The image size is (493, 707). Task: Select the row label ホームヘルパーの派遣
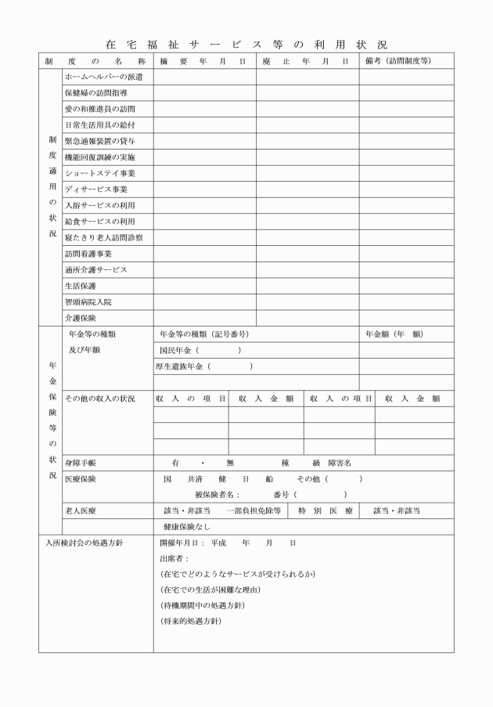pyautogui.click(x=98, y=77)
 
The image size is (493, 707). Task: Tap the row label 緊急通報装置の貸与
pyautogui.click(x=99, y=141)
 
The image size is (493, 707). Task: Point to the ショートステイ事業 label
pyautogui.click(x=99, y=173)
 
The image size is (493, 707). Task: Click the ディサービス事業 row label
pyautogui.click(x=95, y=189)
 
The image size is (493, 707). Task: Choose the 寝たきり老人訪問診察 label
pyautogui.click(x=103, y=237)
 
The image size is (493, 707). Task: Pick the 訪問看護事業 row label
pyautogui.click(x=88, y=254)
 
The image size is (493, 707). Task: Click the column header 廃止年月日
pyautogui.click(x=306, y=60)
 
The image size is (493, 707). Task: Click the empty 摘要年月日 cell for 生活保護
pyautogui.click(x=204, y=286)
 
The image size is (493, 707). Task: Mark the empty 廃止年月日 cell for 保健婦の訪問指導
pyautogui.click(x=307, y=93)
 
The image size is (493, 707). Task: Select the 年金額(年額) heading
pyautogui.click(x=394, y=334)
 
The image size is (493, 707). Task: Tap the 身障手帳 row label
pyautogui.click(x=80, y=462)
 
